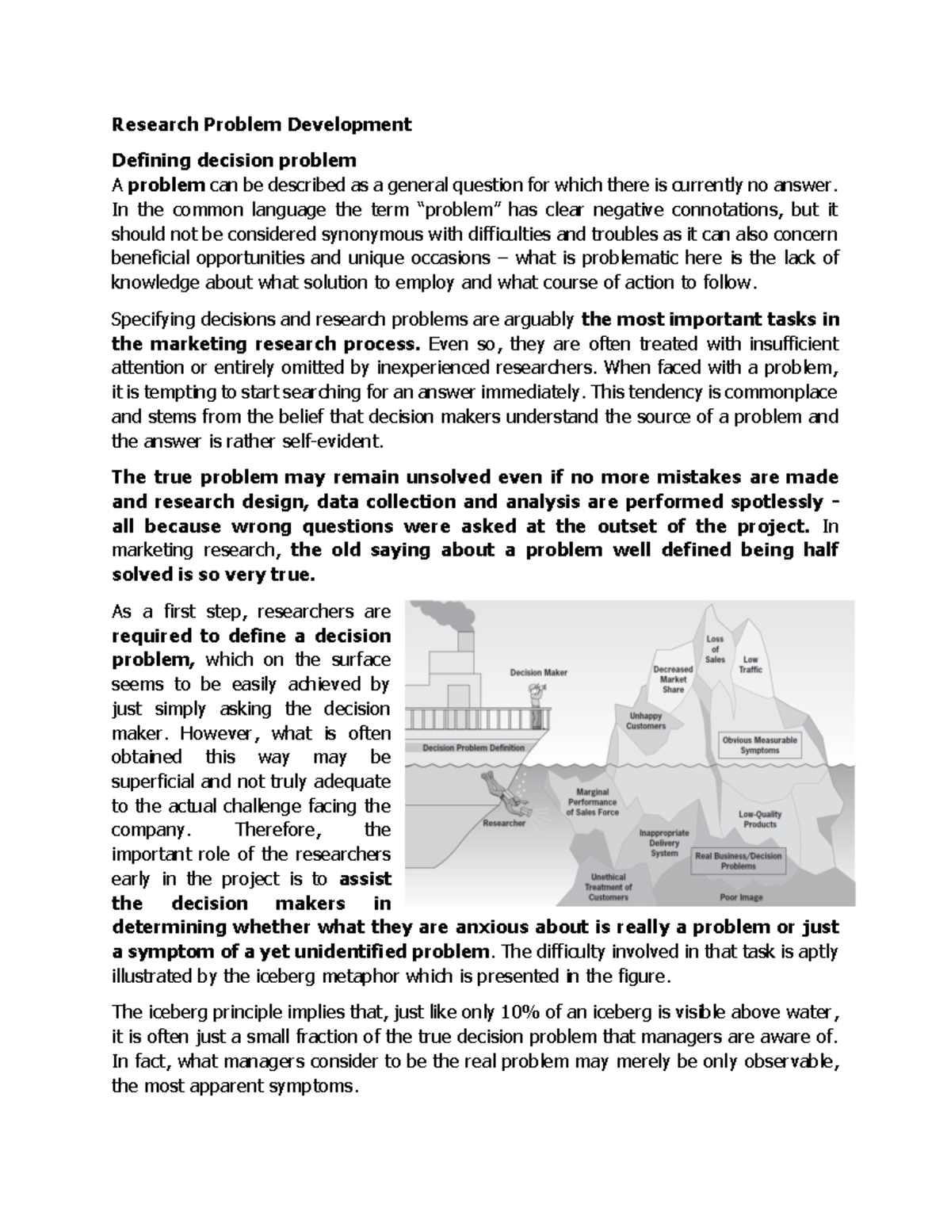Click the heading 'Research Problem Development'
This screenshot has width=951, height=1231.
click(262, 124)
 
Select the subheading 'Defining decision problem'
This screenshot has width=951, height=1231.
click(234, 161)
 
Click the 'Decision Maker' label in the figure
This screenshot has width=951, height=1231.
click(538, 672)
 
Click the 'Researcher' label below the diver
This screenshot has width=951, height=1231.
click(504, 824)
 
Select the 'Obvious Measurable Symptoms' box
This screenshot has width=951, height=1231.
click(759, 745)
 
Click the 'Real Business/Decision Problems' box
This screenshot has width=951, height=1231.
click(738, 861)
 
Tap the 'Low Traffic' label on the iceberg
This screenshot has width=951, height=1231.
click(750, 664)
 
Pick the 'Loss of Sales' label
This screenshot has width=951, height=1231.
click(715, 649)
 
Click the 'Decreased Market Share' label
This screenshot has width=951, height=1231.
click(673, 679)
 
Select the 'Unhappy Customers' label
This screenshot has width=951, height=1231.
click(646, 721)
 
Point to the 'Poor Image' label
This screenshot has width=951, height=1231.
click(741, 897)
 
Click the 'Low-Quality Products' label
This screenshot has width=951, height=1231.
click(759, 819)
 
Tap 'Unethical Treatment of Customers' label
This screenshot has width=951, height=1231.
click(608, 887)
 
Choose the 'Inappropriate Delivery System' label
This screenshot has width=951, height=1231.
click(664, 843)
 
